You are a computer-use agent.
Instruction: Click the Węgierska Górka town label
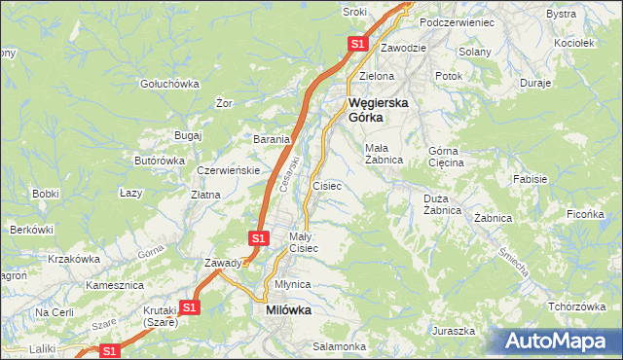(379, 109)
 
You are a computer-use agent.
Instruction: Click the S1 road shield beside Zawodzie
(357, 44)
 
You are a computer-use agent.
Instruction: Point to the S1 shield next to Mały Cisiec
(258, 237)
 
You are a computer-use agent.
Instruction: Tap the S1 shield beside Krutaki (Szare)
(190, 307)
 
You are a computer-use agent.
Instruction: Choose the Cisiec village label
(326, 185)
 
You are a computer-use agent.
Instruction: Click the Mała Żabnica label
(384, 154)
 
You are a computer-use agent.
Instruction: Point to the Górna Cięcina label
(447, 157)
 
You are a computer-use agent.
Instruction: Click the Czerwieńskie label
(227, 169)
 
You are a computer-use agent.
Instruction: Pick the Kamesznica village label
(115, 285)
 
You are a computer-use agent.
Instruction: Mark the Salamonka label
(339, 346)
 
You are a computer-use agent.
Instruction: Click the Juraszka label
(455, 331)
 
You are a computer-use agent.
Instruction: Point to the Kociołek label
(573, 43)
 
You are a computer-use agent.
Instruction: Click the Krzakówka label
(74, 259)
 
